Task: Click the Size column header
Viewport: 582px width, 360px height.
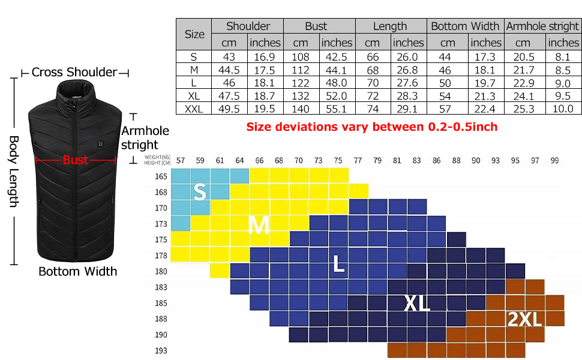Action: [194, 34]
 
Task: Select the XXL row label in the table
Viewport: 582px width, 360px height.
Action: [194, 109]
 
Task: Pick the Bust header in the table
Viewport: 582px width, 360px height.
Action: [316, 26]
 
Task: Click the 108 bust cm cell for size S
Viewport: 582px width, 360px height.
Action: [300, 57]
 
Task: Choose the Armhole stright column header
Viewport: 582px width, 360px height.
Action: [542, 26]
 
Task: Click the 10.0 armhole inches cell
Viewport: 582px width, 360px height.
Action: [563, 109]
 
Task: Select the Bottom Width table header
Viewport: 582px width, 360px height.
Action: [465, 26]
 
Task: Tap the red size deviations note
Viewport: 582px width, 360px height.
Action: [372, 127]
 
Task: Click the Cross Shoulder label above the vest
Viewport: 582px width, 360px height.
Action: [74, 73]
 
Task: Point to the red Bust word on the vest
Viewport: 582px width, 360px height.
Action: [76, 160]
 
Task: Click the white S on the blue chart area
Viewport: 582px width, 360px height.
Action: [200, 192]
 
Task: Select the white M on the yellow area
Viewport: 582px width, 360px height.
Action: [259, 225]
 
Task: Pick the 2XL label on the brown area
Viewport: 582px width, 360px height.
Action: [524, 319]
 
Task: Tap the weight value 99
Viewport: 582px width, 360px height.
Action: [554, 160]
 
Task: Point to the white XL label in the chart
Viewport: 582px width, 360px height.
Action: [417, 304]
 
